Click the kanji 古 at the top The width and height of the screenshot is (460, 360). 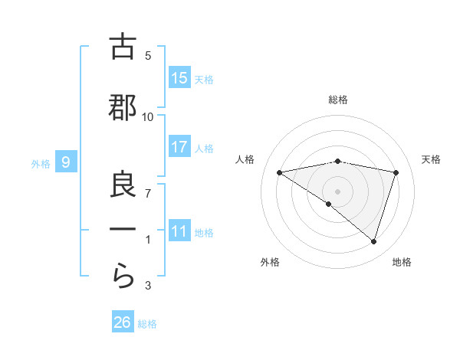[x=123, y=47]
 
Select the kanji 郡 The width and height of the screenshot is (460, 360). [x=123, y=108]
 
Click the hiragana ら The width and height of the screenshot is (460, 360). [x=123, y=277]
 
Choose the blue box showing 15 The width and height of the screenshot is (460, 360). [x=179, y=78]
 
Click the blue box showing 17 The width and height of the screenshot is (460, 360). [x=179, y=147]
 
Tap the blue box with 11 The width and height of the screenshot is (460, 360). [x=179, y=231]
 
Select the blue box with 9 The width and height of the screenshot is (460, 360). [x=66, y=162]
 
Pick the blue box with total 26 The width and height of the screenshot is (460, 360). [x=123, y=322]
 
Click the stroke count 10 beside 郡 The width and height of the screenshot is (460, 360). [x=148, y=116]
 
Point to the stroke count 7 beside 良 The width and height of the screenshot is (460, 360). [x=148, y=194]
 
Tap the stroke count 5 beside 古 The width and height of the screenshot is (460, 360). [x=148, y=55]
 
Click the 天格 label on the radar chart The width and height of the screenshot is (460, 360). [x=432, y=159]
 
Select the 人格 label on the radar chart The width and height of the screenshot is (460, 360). [x=245, y=159]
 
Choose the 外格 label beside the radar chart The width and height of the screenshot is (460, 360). [x=270, y=262]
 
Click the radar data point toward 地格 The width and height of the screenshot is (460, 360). [x=373, y=241]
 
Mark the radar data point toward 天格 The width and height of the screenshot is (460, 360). [x=396, y=172]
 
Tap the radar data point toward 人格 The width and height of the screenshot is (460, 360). [x=279, y=172]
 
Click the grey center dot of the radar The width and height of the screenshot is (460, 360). [x=337, y=191]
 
